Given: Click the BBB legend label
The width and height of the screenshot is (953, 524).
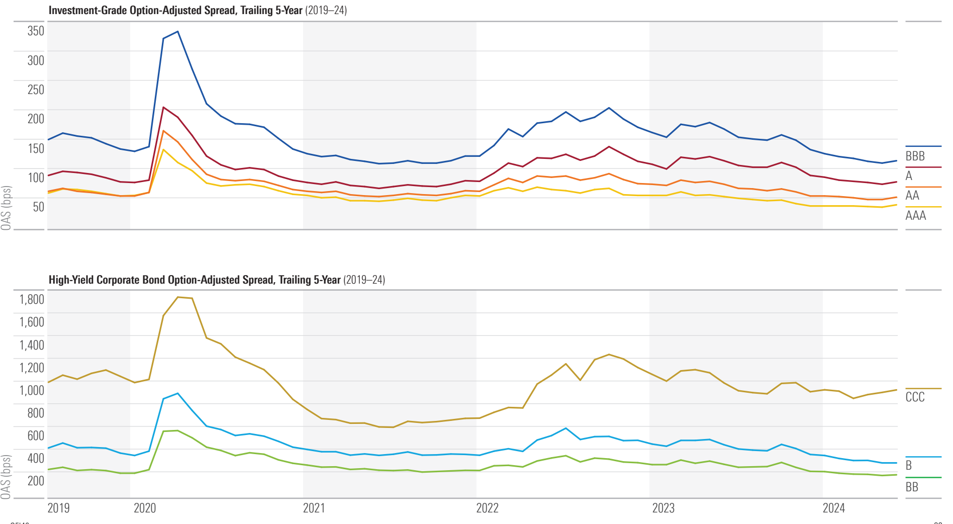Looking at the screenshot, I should [x=915, y=156].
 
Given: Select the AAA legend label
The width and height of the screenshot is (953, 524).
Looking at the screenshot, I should [x=915, y=216].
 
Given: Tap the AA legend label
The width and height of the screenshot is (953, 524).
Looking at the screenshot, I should [x=912, y=196].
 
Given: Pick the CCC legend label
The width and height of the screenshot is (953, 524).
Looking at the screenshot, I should [x=915, y=397].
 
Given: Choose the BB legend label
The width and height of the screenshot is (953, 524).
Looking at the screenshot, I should [x=911, y=487].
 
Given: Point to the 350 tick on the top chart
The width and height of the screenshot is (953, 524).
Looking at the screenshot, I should [x=36, y=31].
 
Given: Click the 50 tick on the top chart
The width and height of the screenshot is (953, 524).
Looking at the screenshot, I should [x=38, y=207].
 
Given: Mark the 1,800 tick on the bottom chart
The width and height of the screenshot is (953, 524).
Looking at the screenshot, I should [x=32, y=300].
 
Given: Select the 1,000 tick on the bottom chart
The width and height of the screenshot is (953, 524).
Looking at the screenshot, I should [x=32, y=391].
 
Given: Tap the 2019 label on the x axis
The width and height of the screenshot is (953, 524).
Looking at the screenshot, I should [x=58, y=508].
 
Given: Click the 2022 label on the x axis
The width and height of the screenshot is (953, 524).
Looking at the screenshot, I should [x=487, y=508].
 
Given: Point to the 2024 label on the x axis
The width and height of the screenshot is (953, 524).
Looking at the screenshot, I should [x=833, y=508].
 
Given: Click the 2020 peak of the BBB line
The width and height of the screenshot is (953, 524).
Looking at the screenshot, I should [x=177, y=32].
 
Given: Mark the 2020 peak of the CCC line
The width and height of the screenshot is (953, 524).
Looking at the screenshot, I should [x=178, y=297].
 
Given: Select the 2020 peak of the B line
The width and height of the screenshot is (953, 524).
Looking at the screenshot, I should [x=177, y=393].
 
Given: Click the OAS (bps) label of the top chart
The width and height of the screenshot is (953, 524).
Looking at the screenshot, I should [x=6, y=208].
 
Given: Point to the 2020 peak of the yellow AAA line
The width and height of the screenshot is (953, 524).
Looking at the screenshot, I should [x=163, y=149].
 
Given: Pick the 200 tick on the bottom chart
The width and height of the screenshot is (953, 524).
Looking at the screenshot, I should [x=36, y=481].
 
